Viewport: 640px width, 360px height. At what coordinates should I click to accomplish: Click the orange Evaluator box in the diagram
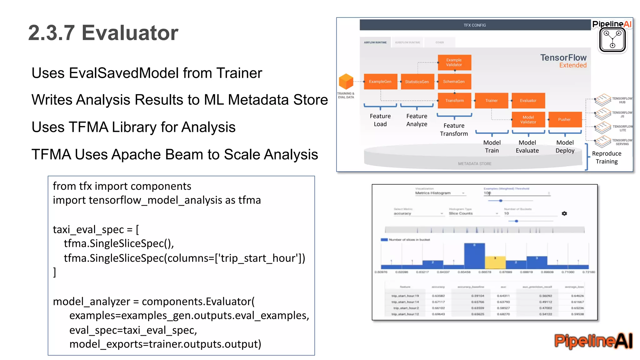pos(528,101)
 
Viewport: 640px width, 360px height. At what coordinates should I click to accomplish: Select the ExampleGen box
pos(380,82)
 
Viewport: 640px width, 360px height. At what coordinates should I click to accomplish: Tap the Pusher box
pos(565,120)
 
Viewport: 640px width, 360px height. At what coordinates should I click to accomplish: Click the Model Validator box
pos(528,120)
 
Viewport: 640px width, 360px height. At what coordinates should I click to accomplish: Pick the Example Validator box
pos(454,62)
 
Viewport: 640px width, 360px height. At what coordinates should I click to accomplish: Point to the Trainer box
pos(491,101)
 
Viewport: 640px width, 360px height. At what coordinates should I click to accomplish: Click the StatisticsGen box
pos(417,82)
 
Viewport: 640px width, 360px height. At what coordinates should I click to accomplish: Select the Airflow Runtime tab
pos(375,42)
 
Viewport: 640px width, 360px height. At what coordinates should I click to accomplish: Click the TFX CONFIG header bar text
pos(475,25)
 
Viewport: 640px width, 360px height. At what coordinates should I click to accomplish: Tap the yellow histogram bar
pos(495,262)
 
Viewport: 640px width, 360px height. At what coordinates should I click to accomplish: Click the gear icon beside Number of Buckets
pos(564,213)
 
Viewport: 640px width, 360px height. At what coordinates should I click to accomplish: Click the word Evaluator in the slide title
pos(130,33)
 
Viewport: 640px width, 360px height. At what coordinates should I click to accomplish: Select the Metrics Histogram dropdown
pos(440,193)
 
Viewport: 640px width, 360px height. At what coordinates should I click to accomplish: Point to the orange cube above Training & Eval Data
pos(346,82)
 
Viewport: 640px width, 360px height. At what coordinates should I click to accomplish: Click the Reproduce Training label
pos(607,157)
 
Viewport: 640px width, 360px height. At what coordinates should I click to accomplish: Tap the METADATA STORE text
pos(475,164)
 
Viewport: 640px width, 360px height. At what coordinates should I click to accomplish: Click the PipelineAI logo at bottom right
pos(593,341)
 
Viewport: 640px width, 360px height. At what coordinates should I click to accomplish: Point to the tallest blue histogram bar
pos(474,256)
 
